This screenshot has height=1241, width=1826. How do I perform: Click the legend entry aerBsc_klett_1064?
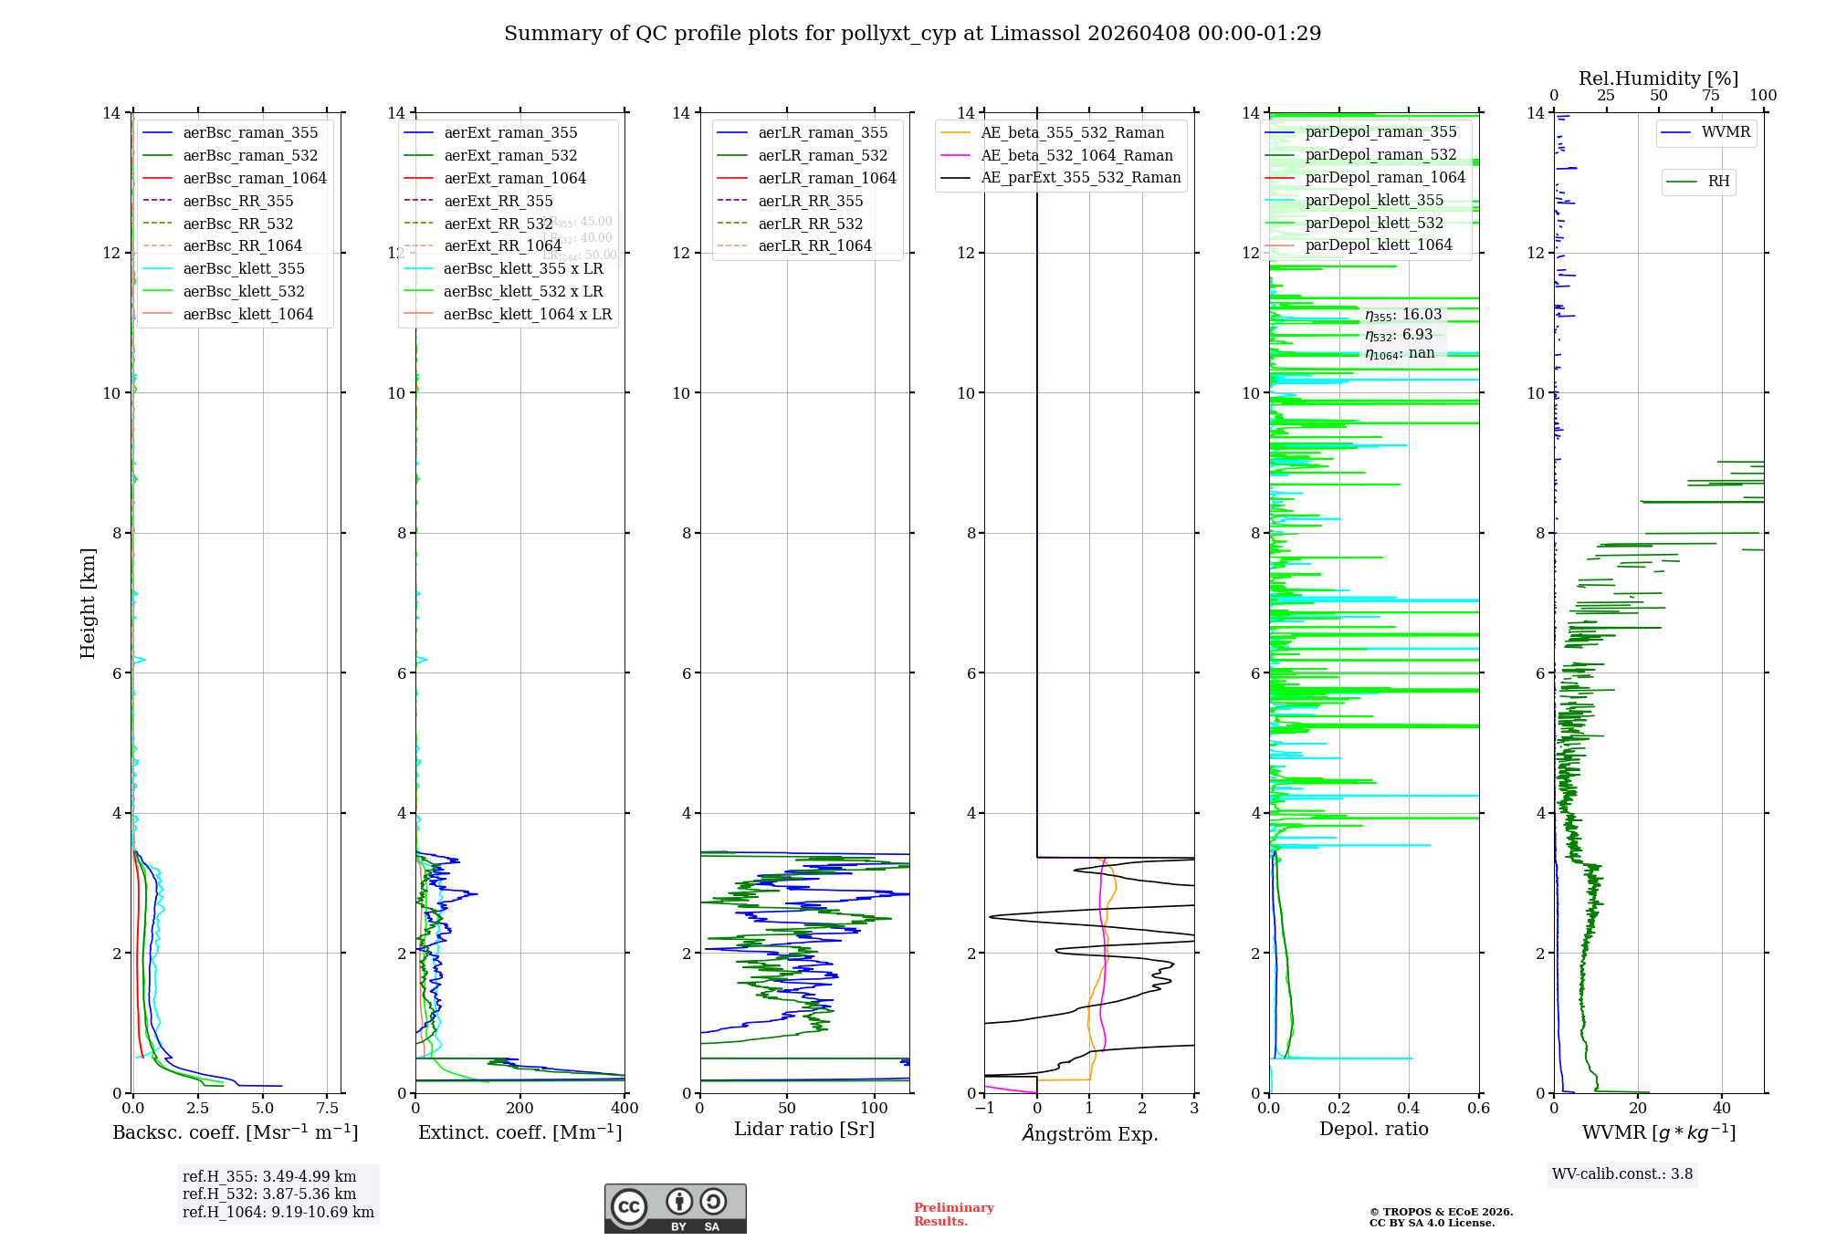[x=247, y=314]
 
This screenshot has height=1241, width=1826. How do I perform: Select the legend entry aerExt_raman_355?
[x=510, y=133]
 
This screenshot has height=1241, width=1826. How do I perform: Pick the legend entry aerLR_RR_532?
[x=810, y=224]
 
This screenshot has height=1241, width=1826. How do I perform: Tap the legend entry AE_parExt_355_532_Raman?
[x=1080, y=178]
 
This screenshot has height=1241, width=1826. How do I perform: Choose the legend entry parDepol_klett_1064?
[x=1378, y=245]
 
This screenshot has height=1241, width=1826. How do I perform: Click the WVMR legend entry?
[x=1726, y=132]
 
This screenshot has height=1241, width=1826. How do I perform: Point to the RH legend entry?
[x=1718, y=182]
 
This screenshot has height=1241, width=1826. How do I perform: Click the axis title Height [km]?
[x=88, y=602]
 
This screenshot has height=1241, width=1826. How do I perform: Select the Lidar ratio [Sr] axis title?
[x=803, y=1129]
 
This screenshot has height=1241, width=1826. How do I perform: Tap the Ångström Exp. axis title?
[x=1089, y=1133]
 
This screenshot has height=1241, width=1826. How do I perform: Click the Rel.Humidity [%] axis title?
[x=1658, y=78]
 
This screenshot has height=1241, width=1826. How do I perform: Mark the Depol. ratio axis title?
[x=1373, y=1129]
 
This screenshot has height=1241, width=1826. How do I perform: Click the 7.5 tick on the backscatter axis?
[x=327, y=1108]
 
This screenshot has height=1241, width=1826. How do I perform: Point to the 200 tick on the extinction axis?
[x=520, y=1108]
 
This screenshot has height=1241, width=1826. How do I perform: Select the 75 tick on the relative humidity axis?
[x=1710, y=96]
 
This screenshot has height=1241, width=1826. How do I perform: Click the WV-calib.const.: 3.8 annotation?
[x=1622, y=1174]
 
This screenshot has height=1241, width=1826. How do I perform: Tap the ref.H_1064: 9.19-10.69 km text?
[x=278, y=1212]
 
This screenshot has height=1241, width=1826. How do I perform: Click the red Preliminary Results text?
[x=953, y=1214]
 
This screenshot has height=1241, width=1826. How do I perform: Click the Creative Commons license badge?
[x=675, y=1208]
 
